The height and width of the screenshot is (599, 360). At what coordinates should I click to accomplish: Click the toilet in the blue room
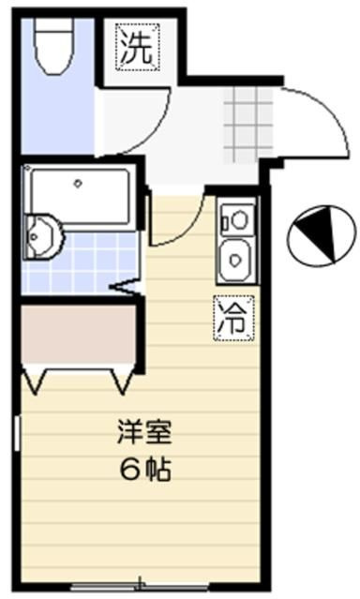coord(53,46)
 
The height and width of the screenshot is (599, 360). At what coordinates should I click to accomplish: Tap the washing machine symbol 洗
coord(137,48)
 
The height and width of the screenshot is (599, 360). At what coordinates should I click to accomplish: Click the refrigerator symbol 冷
coord(234,318)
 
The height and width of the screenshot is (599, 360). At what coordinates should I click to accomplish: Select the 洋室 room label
coord(144,432)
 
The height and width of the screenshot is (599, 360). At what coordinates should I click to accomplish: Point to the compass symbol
coord(322,235)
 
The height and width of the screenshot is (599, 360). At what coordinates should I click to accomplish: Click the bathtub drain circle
coord(79,184)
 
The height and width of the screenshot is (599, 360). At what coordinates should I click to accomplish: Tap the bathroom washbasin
coord(42,237)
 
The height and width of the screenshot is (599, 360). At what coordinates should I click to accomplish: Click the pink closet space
coord(79,334)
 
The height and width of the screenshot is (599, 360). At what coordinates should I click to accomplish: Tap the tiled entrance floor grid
coord(247,125)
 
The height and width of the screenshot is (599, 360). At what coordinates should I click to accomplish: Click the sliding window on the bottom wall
coord(140,585)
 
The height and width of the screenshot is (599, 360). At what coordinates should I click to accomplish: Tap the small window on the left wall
coord(17,433)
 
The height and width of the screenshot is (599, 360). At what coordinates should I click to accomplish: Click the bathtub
coord(79,196)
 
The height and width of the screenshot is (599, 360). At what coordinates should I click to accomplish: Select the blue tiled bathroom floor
coord(81,262)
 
